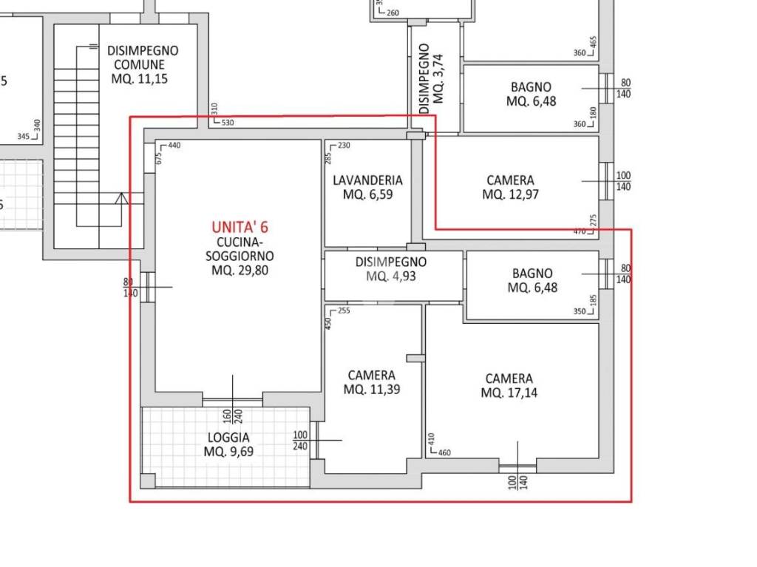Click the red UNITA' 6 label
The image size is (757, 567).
[x=240, y=228]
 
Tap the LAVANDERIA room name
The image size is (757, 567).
[x=367, y=180]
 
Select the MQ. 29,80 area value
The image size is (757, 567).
[x=240, y=271]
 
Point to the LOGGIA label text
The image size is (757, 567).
[x=228, y=438]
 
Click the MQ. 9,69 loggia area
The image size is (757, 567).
[x=228, y=452]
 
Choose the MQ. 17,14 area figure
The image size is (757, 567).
[x=509, y=393]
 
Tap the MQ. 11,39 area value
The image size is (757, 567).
[x=372, y=390]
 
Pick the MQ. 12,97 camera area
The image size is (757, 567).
[x=510, y=194]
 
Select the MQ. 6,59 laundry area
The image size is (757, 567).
[x=367, y=195]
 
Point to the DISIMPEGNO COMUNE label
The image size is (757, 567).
[x=143, y=58]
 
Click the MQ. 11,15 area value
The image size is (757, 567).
[x=140, y=79]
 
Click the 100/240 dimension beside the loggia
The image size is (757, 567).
[x=299, y=441]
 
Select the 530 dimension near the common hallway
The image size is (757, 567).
[x=228, y=123]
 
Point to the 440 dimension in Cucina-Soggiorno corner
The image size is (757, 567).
[x=174, y=146]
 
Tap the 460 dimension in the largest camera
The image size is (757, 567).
[x=444, y=452]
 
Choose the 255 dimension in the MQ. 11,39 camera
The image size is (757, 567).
[x=344, y=311]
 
